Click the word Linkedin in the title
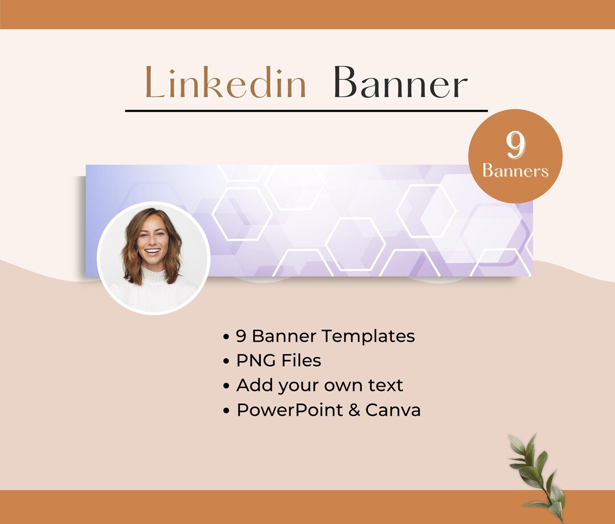(225, 83)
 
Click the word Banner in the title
(400, 83)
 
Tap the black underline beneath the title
(306, 110)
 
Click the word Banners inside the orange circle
(515, 171)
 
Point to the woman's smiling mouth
(152, 251)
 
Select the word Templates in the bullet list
(371, 336)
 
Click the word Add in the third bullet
(254, 385)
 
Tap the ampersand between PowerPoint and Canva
(354, 410)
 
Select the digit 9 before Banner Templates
(241, 336)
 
